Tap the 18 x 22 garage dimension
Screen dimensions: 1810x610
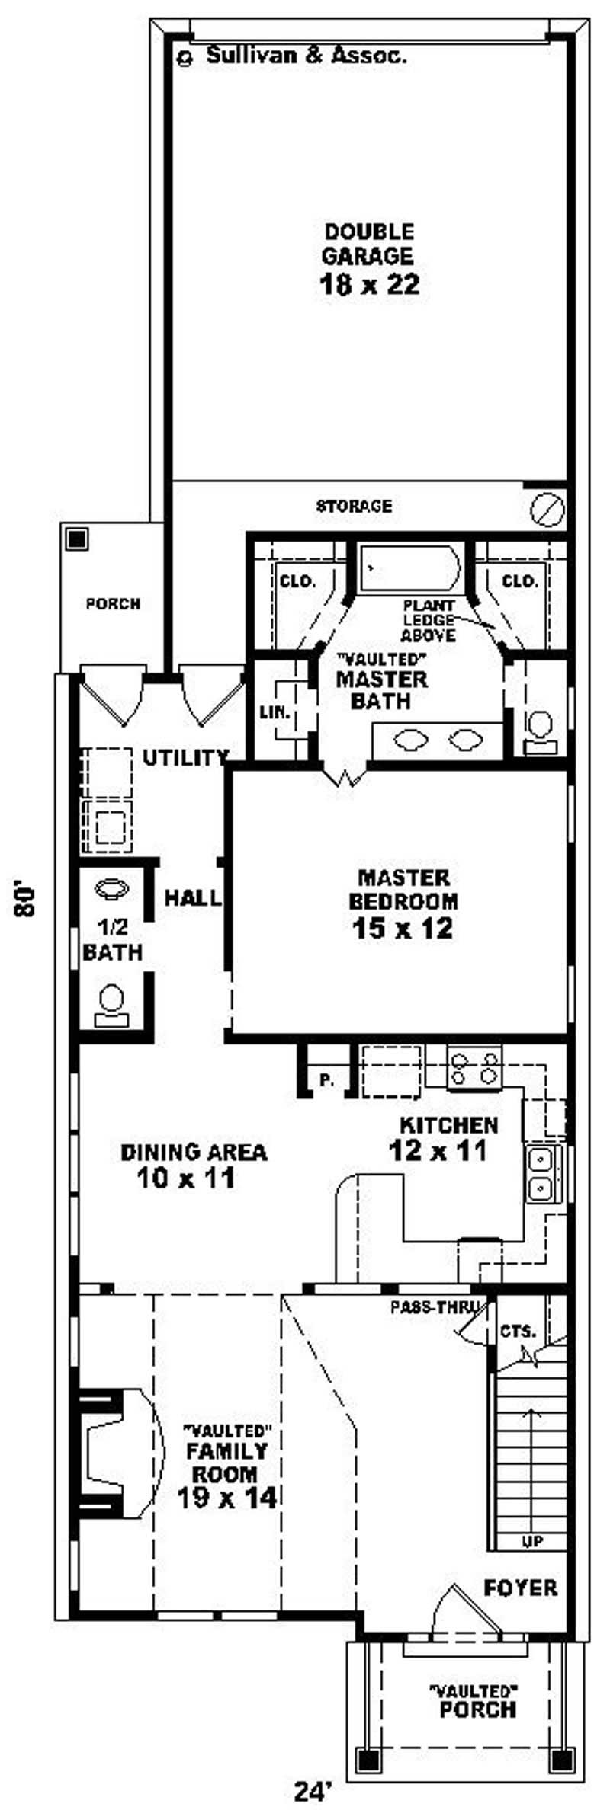[x=369, y=284]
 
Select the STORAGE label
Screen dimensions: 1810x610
[x=354, y=506]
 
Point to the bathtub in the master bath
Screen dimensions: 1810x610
[x=409, y=568]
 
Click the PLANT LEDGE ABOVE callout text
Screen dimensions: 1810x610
[x=429, y=620]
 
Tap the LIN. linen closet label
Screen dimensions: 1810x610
[x=274, y=713]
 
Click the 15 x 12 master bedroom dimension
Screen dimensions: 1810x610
[x=403, y=929]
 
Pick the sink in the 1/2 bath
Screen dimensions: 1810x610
[x=111, y=888]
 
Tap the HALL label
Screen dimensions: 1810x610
[x=193, y=898]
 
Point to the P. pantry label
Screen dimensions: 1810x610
[x=326, y=1080]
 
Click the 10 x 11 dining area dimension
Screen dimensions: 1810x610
[x=186, y=1179]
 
